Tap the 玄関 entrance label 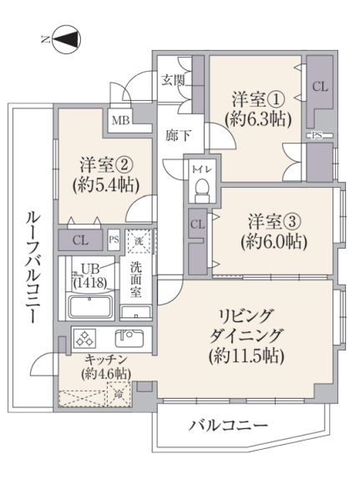click(172, 81)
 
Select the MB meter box click(120, 121)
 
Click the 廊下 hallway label click(178, 136)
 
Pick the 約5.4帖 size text click(106, 185)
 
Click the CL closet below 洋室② click(80, 240)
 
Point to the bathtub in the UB click(90, 306)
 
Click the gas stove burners click(85, 339)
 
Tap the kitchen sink click(129, 338)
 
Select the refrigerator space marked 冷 click(119, 394)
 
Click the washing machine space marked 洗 click(139, 241)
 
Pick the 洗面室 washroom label click(136, 280)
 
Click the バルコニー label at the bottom click(228, 425)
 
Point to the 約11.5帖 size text click(246, 355)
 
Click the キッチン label click(106, 360)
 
